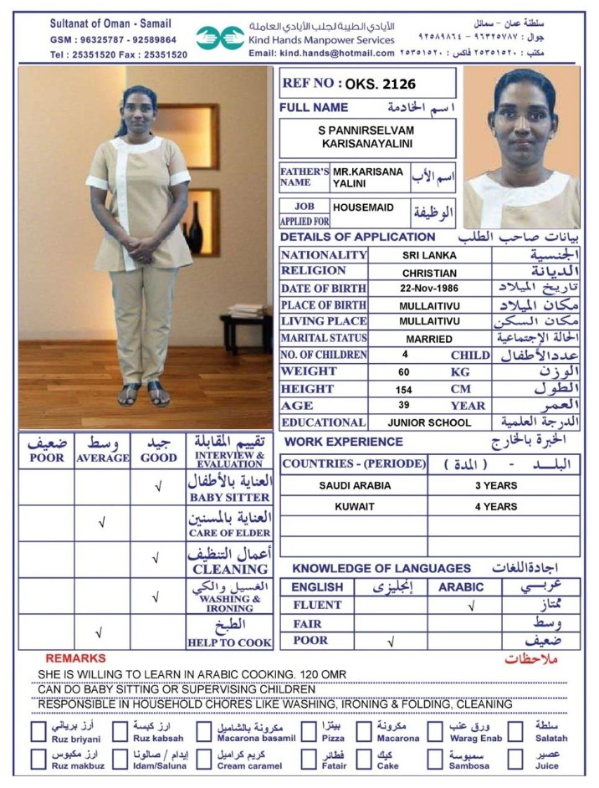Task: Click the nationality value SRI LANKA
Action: click(x=429, y=255)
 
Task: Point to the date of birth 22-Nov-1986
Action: click(x=429, y=289)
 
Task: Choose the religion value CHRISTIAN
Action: click(x=429, y=273)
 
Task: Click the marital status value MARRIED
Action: click(x=429, y=339)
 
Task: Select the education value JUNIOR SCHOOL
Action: click(x=429, y=422)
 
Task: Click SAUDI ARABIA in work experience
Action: click(x=352, y=485)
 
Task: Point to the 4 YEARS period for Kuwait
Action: click(x=496, y=506)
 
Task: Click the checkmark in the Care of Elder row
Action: click(x=102, y=523)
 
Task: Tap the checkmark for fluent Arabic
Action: click(x=472, y=605)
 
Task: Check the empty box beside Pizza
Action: click(x=309, y=732)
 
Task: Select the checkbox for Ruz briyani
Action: click(x=38, y=732)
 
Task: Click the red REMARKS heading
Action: click(x=75, y=658)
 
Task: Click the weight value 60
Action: click(x=404, y=371)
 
